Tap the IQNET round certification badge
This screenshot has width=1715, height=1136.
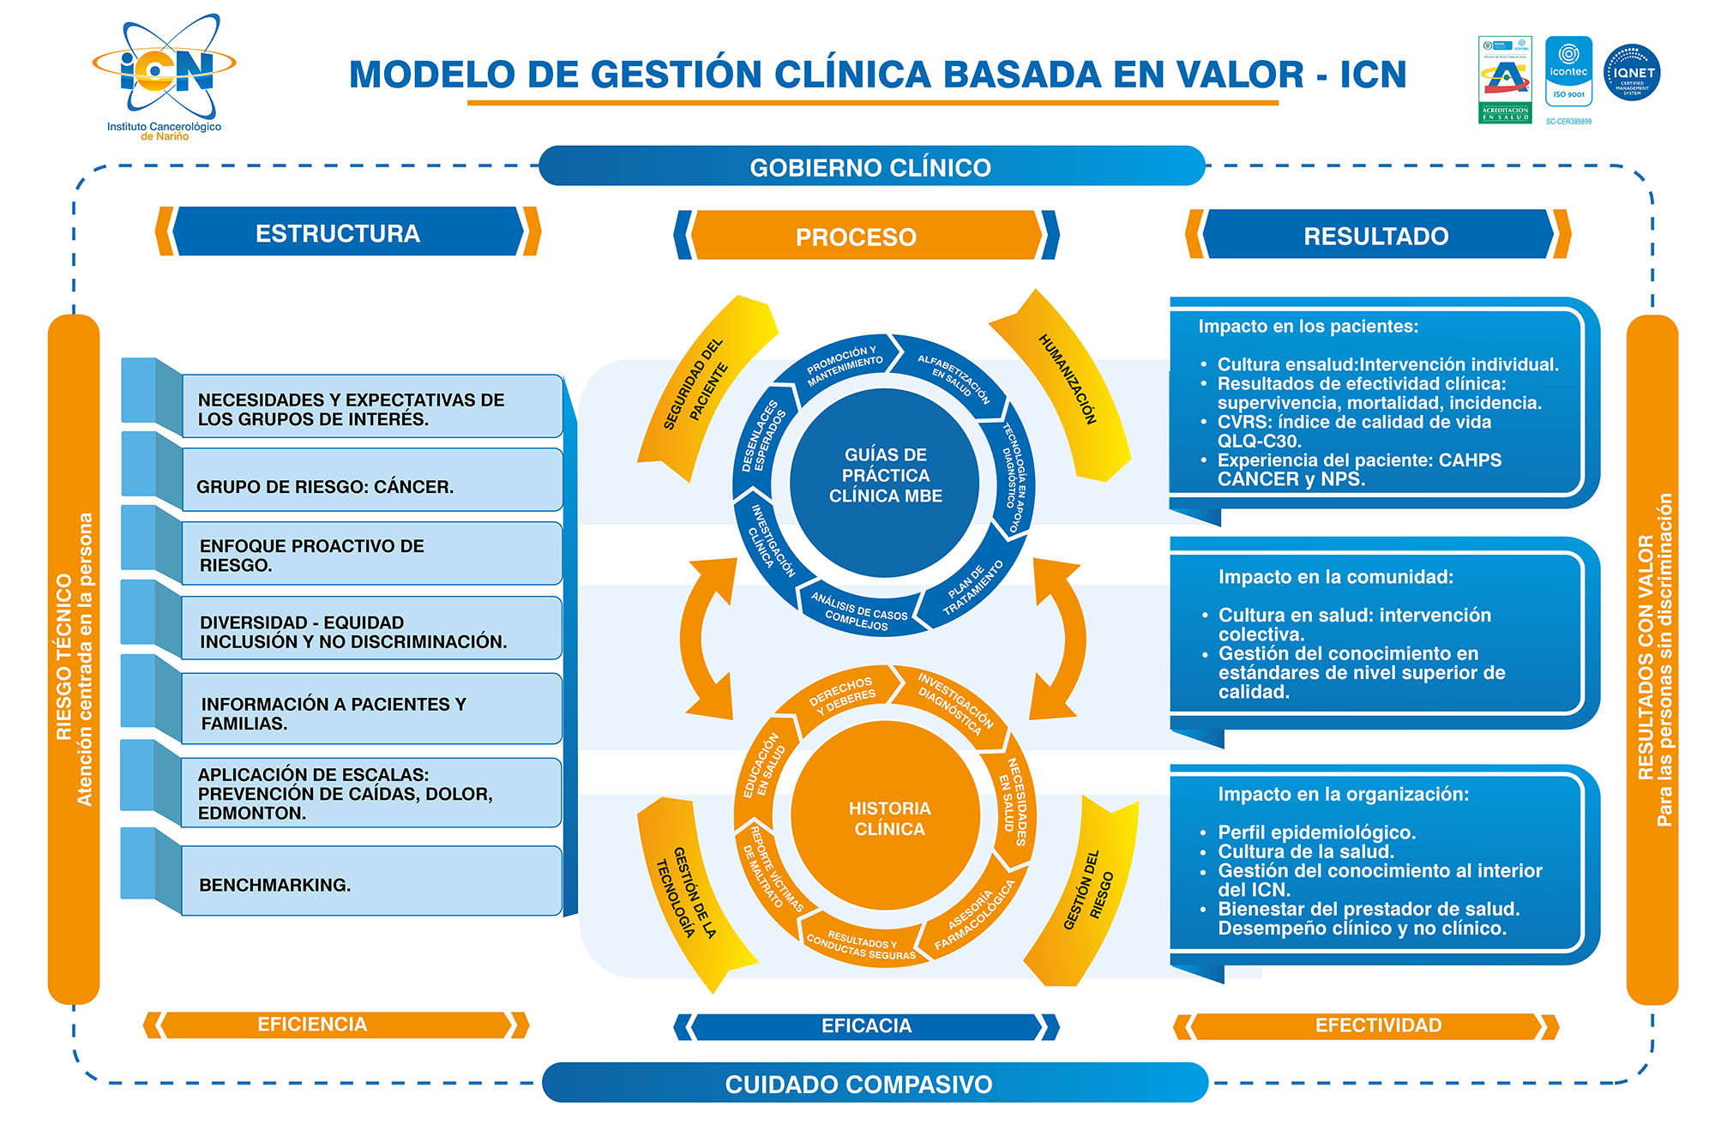click(1631, 73)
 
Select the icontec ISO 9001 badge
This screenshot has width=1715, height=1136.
click(1568, 72)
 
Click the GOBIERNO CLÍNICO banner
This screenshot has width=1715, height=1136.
click(870, 166)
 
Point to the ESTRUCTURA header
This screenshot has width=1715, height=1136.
click(339, 233)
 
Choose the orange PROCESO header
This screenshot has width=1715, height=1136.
click(857, 237)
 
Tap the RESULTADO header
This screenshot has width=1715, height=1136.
click(1375, 236)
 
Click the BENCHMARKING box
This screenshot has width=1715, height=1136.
click(370, 883)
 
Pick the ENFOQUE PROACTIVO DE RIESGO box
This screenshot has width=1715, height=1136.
click(370, 555)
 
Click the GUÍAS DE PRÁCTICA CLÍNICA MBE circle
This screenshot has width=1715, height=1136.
click(885, 476)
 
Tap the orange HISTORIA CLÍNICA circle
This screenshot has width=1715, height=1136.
click(888, 818)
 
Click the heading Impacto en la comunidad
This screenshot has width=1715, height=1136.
click(1335, 577)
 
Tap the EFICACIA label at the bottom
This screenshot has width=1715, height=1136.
click(866, 1025)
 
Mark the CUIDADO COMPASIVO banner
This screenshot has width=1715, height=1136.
click(859, 1084)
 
